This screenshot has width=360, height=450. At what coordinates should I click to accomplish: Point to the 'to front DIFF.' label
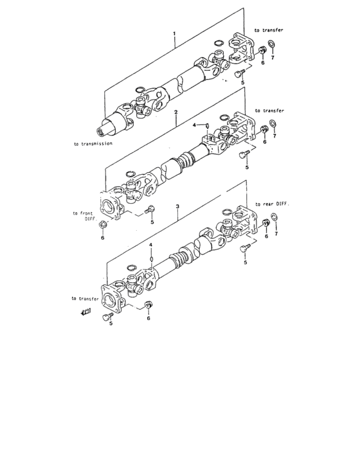tap(84, 215)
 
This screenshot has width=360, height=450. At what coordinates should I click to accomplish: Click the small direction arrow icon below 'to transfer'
tap(85, 312)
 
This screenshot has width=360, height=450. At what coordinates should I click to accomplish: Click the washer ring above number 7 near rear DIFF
tap(274, 224)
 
